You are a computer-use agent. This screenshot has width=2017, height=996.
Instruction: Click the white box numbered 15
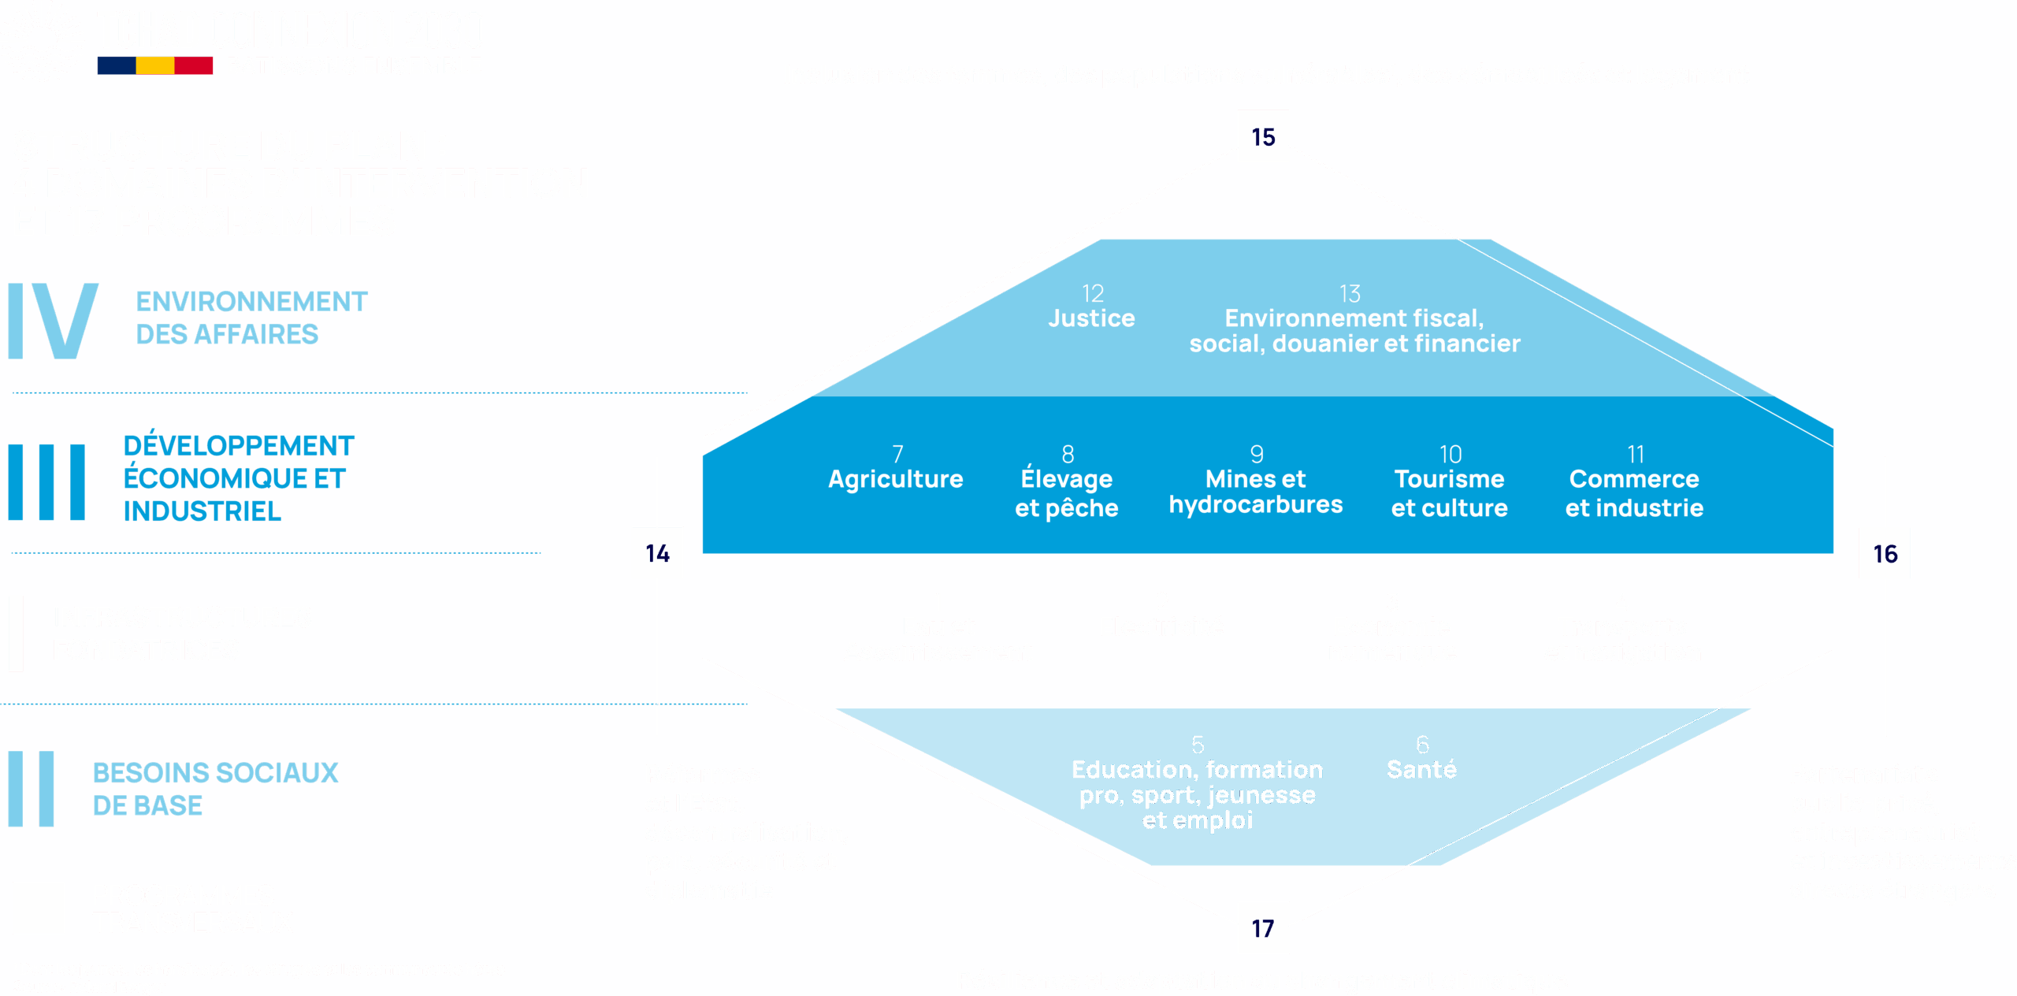tap(1263, 136)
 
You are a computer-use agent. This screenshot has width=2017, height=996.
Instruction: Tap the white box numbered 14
tap(657, 553)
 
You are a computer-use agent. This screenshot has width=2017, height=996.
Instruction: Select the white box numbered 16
tap(1885, 553)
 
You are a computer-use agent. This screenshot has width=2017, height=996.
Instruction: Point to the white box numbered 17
tap(1263, 927)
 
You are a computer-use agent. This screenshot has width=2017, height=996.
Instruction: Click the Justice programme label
tap(1091, 318)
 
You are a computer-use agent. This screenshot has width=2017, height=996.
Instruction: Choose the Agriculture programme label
tap(895, 478)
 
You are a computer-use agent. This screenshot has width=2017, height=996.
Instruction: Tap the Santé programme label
tap(1421, 768)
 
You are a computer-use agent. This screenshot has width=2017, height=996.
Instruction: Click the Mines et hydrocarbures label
tap(1256, 491)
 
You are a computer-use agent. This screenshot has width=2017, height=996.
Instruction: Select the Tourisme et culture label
tap(1450, 492)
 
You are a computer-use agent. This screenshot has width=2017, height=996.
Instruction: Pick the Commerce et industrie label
tap(1634, 492)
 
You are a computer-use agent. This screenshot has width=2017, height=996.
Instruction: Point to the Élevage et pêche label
tap(1067, 492)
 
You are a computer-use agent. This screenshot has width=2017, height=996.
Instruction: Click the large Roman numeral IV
tap(54, 321)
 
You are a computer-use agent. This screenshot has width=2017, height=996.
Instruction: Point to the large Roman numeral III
tap(46, 481)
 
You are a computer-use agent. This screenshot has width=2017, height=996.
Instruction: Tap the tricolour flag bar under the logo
tap(155, 65)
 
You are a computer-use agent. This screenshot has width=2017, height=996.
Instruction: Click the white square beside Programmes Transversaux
tap(39, 908)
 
